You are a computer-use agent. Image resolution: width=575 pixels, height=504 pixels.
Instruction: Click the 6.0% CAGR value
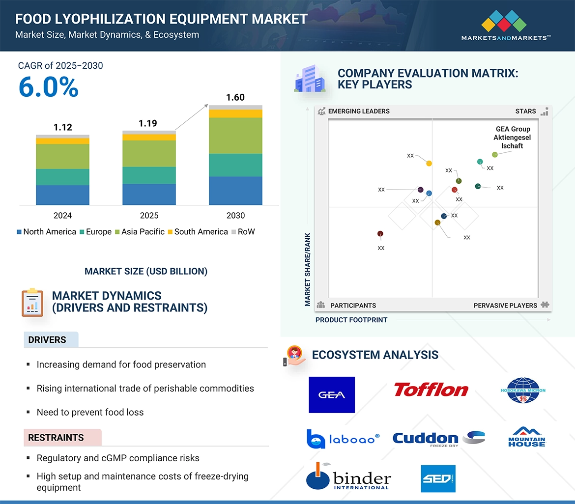(x=48, y=87)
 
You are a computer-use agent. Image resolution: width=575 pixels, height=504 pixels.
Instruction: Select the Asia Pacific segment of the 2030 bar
(x=235, y=136)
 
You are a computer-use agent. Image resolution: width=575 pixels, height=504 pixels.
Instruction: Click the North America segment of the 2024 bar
(x=62, y=195)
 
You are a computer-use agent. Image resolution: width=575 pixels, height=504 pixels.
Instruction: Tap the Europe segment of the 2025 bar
(x=149, y=175)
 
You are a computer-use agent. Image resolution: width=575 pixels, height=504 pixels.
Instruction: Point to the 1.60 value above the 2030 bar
(x=235, y=97)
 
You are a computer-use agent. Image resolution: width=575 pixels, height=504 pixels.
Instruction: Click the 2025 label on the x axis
(x=149, y=216)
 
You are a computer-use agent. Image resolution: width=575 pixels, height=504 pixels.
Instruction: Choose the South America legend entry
(x=198, y=232)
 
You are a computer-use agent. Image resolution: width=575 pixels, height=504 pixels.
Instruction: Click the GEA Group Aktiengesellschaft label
(x=513, y=138)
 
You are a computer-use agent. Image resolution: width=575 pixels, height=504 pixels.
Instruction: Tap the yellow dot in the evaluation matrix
(x=429, y=163)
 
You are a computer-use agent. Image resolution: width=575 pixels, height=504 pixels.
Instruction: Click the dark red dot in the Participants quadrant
(x=380, y=234)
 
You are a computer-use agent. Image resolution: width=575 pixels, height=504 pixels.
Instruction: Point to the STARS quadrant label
(x=525, y=112)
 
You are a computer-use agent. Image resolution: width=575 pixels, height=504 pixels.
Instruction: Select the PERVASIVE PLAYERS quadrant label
(x=505, y=306)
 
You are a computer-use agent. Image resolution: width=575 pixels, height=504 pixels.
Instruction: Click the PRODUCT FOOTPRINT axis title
(x=351, y=320)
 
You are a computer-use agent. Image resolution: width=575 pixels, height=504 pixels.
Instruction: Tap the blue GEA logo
(x=332, y=395)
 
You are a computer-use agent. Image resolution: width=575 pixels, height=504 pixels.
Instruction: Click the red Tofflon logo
(x=431, y=390)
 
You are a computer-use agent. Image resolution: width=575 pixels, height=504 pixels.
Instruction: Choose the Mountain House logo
(x=526, y=437)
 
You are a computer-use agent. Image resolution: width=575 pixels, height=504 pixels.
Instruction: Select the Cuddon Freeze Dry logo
(x=438, y=438)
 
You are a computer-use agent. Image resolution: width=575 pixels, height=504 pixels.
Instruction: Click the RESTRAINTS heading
(x=56, y=438)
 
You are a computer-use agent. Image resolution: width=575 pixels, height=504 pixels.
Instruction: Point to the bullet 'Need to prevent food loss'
(x=90, y=412)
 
